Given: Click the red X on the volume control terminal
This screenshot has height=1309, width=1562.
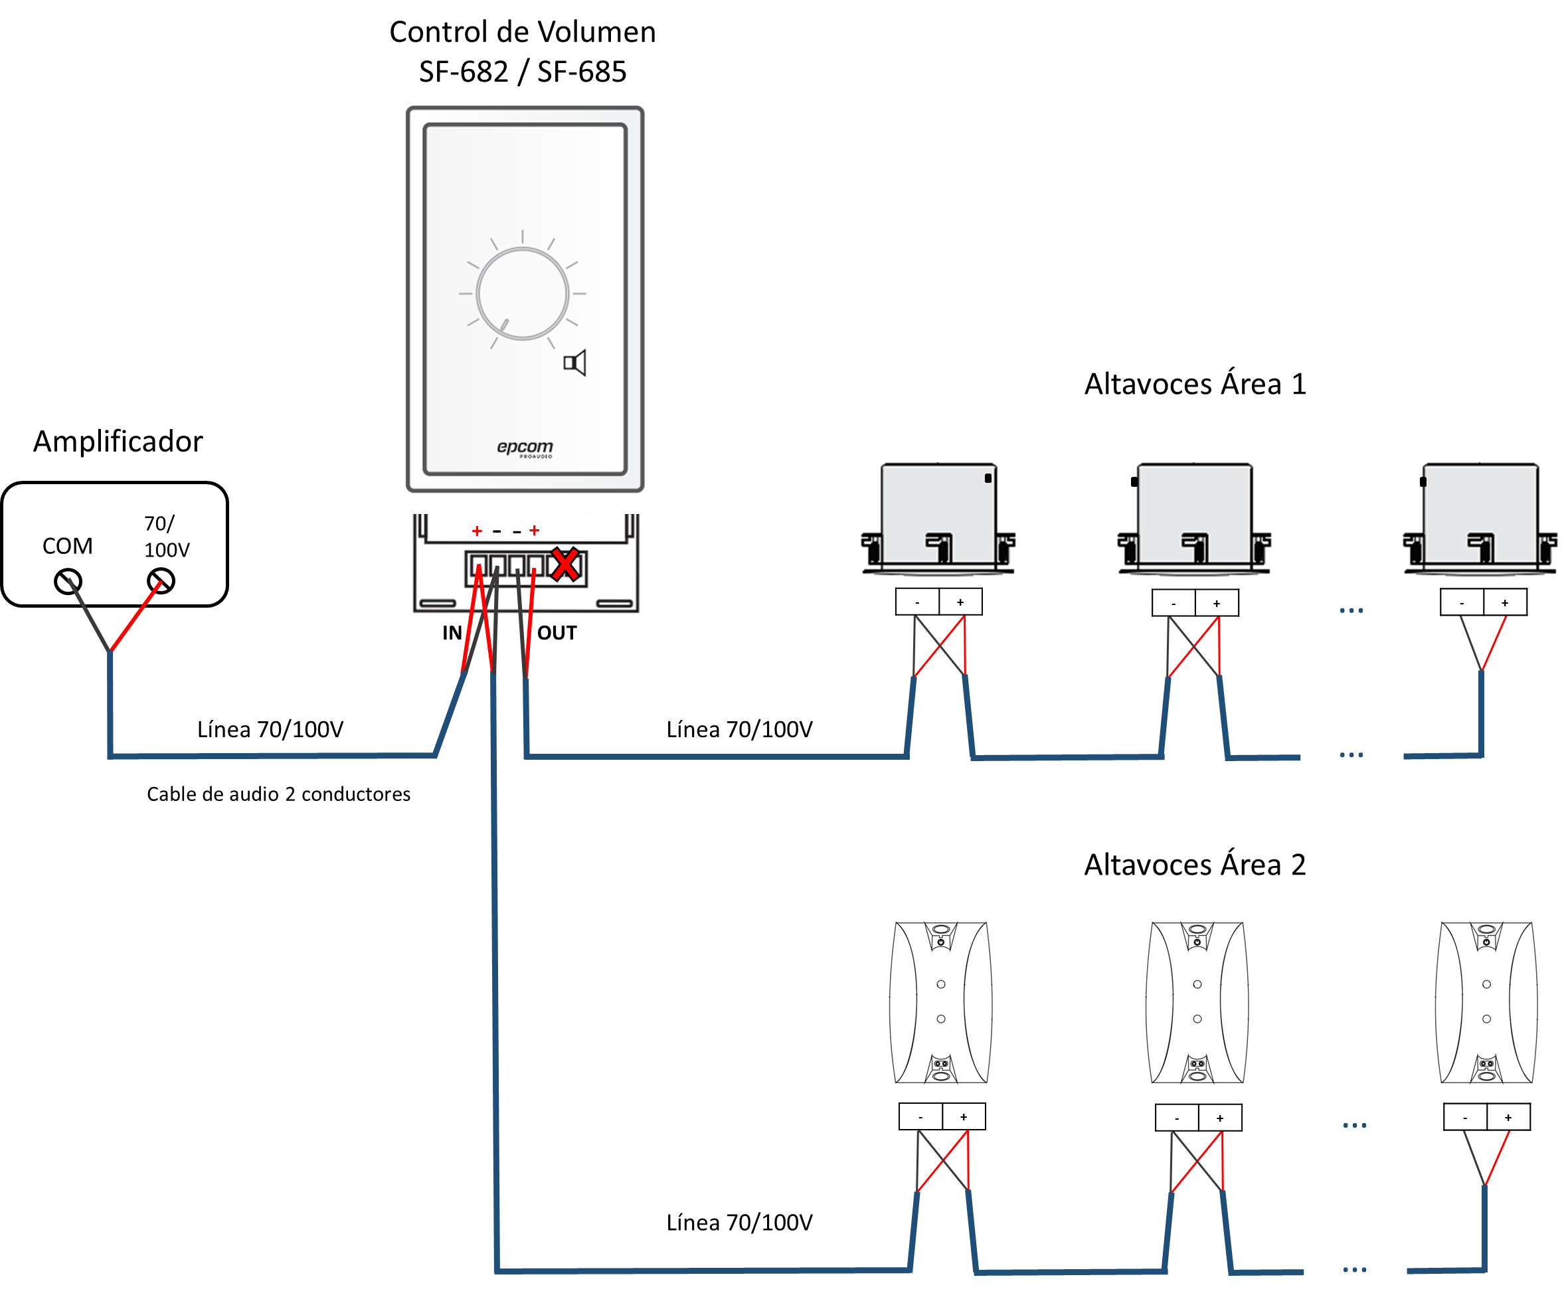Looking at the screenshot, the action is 564,565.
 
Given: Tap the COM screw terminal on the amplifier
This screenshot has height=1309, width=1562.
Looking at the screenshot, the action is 68,581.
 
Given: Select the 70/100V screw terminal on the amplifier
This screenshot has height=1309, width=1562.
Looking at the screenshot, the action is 161,581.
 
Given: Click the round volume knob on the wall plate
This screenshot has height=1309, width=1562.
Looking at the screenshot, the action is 522,294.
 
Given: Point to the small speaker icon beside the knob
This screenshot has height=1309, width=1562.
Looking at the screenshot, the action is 574,363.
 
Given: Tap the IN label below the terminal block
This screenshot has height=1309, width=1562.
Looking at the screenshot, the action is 452,633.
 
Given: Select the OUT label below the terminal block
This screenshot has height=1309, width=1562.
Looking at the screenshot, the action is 557,633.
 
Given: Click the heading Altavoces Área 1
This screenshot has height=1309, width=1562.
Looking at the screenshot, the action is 1195,384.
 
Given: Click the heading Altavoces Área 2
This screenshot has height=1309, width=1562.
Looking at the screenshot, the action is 1195,864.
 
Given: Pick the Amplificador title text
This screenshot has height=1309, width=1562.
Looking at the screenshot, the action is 118,442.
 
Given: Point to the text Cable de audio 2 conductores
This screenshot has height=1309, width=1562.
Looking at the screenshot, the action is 278,794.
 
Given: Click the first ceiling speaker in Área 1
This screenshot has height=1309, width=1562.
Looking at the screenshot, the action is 938,519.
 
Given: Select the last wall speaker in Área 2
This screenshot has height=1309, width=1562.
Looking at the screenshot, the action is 1486,1003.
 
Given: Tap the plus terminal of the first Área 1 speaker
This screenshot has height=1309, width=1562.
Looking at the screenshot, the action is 960,602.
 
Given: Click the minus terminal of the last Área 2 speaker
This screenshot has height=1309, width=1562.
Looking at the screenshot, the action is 1464,1117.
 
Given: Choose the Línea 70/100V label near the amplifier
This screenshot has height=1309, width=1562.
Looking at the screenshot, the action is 270,730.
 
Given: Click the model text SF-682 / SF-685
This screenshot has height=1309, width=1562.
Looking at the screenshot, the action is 522,72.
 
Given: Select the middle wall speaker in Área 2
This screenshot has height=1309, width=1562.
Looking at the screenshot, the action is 1197,1003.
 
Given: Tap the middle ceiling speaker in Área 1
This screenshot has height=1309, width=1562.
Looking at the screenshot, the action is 1194,519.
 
